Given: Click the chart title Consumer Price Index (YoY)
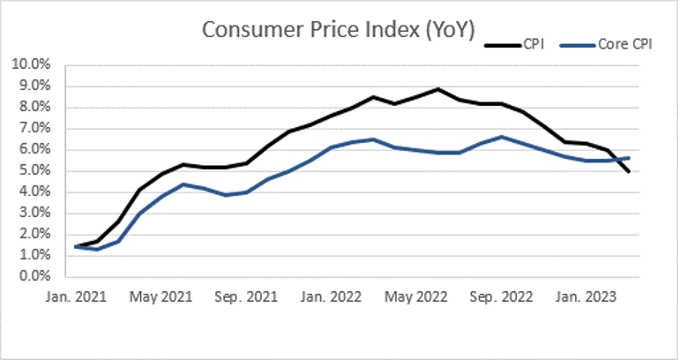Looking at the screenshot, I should [339, 29].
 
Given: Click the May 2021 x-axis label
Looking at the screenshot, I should [161, 297].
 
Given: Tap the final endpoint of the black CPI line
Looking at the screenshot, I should [629, 171].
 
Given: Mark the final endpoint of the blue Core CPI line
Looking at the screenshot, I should [629, 158].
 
